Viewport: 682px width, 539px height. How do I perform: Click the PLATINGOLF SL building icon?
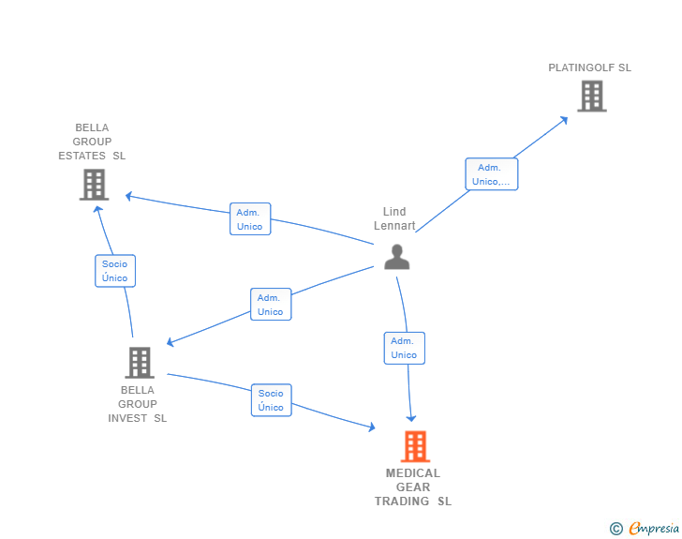point(592,96)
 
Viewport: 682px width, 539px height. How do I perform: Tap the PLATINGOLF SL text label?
point(589,67)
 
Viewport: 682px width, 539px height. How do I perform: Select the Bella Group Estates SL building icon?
point(94,185)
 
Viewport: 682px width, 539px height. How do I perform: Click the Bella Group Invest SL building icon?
point(140,362)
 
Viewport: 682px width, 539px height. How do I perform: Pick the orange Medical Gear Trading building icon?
point(415,446)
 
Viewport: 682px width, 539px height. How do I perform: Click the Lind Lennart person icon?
point(396,257)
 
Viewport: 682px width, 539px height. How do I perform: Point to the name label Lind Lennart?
point(394,218)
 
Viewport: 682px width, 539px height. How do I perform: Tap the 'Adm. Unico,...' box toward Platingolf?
point(492,174)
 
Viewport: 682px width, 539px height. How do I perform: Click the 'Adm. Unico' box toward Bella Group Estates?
point(250,219)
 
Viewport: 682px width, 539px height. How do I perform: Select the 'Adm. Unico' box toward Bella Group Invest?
point(271,305)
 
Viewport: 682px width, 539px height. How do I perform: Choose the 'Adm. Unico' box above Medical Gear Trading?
point(404,348)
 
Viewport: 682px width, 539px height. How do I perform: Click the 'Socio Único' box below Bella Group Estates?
point(115,271)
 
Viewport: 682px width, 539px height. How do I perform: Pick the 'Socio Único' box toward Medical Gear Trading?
point(271,400)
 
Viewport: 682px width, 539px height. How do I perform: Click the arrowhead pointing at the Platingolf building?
point(565,120)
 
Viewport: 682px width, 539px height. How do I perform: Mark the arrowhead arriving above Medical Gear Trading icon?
point(411,418)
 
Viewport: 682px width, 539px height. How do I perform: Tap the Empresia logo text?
point(654,528)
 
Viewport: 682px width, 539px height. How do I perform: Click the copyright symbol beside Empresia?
point(615,529)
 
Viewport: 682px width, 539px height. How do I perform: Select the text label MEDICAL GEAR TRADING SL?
point(413,487)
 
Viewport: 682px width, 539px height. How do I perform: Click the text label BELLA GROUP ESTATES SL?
point(92,142)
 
